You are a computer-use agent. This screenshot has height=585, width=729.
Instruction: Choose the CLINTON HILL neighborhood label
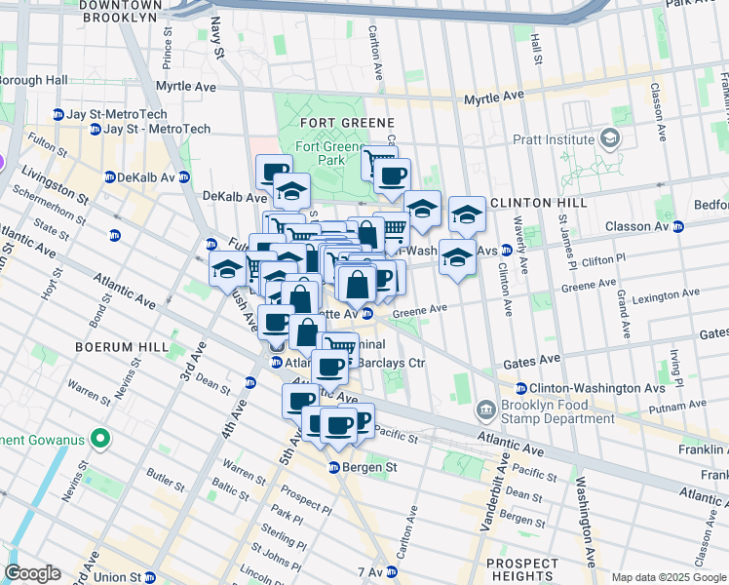(539, 203)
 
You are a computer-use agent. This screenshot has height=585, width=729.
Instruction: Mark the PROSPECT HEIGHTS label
(522, 571)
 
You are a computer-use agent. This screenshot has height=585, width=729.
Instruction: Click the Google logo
(32, 573)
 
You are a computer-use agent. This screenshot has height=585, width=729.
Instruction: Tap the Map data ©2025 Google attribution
(670, 577)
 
